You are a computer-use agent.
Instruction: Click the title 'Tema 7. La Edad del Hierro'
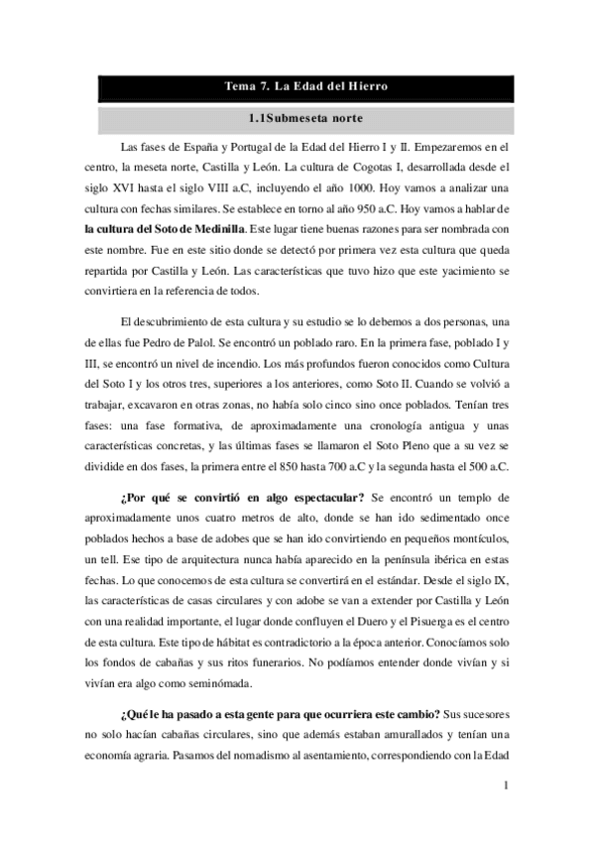(x=305, y=88)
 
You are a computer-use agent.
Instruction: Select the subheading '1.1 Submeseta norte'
(x=305, y=121)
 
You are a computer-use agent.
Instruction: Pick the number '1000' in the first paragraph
(x=364, y=191)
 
